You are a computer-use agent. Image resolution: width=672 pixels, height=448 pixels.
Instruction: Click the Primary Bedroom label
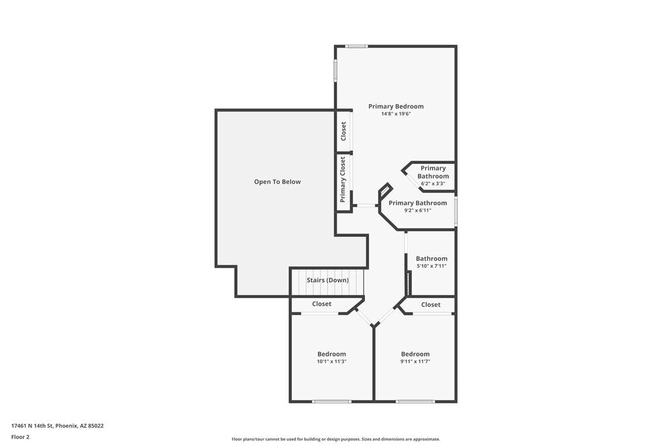pyautogui.click(x=396, y=106)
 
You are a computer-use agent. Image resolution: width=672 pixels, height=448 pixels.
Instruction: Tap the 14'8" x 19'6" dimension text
pyautogui.click(x=396, y=114)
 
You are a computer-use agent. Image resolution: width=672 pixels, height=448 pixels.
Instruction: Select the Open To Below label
pyautogui.click(x=278, y=182)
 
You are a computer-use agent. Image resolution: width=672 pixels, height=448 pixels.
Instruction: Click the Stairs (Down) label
pyautogui.click(x=328, y=280)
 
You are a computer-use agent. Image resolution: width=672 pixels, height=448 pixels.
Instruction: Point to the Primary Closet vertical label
pyautogui.click(x=343, y=179)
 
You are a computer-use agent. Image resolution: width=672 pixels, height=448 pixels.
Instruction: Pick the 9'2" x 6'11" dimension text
pyautogui.click(x=417, y=210)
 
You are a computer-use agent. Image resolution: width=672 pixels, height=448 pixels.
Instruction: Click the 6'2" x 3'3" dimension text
pyautogui.click(x=433, y=183)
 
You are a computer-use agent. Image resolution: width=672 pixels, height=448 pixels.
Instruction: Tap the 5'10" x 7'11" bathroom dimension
pyautogui.click(x=431, y=266)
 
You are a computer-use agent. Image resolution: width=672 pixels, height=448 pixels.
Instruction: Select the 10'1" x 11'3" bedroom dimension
pyautogui.click(x=331, y=361)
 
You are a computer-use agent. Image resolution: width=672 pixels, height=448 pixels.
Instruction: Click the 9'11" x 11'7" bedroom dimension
pyautogui.click(x=415, y=361)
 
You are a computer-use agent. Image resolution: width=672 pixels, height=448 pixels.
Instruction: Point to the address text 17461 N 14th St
pyautogui.click(x=57, y=426)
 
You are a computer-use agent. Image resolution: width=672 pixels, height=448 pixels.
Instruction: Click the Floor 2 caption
pyautogui.click(x=21, y=437)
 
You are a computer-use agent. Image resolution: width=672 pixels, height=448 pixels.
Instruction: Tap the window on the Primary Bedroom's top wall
pyautogui.click(x=356, y=46)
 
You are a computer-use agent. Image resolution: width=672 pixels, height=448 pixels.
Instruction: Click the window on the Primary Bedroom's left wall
pyautogui.click(x=335, y=71)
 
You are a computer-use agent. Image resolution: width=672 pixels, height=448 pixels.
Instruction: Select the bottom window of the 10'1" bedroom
pyautogui.click(x=331, y=402)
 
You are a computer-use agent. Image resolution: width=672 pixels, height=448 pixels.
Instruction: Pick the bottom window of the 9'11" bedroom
pyautogui.click(x=415, y=402)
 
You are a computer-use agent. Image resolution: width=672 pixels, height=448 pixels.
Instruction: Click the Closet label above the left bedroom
pyautogui.click(x=322, y=304)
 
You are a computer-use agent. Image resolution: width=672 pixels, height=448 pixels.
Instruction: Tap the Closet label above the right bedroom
pyautogui.click(x=431, y=305)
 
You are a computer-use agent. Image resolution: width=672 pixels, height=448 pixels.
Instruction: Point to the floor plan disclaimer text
pyautogui.click(x=336, y=439)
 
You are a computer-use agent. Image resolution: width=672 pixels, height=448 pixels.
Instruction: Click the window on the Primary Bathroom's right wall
pyautogui.click(x=456, y=211)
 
